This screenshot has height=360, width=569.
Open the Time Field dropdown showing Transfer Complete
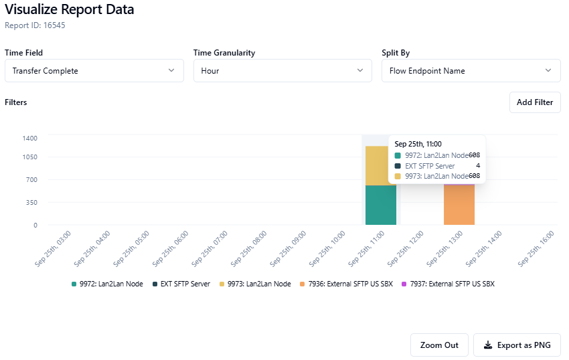(94, 71)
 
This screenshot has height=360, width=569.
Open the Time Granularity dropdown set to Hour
(282, 71)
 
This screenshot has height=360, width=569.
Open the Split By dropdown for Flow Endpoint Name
(471, 71)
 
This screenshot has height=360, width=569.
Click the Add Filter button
(535, 102)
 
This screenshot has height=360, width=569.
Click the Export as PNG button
(517, 345)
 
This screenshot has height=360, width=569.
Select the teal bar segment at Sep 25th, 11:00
(381, 205)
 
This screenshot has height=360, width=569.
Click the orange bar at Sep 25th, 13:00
(459, 205)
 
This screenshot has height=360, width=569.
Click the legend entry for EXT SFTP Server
(181, 284)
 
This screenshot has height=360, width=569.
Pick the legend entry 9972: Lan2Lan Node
(107, 284)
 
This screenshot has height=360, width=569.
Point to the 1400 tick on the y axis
(30, 138)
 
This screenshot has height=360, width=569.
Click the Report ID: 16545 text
(35, 25)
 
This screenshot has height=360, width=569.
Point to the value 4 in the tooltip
(478, 165)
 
